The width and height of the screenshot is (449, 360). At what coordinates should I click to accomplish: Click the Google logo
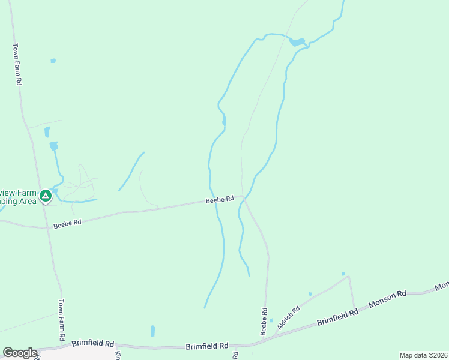(x=20, y=353)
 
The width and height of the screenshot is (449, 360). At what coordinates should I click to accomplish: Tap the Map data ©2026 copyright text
(x=423, y=355)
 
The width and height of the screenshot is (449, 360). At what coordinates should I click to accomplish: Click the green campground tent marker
(x=45, y=196)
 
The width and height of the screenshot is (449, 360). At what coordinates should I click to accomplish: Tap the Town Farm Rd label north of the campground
(x=18, y=64)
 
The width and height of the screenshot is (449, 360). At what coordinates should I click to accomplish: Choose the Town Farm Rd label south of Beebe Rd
(x=61, y=320)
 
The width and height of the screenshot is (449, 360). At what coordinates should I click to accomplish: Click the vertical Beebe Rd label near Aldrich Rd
(x=264, y=322)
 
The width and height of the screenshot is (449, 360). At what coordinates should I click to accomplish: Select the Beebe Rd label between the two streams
(x=219, y=200)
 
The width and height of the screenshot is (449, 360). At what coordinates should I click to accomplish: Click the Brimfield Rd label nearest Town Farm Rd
(x=92, y=344)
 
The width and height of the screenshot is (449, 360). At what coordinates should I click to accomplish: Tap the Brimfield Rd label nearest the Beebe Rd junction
(x=207, y=346)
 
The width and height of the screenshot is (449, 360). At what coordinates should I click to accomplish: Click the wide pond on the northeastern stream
(x=297, y=42)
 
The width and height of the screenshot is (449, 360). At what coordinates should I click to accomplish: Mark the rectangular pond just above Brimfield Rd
(x=152, y=331)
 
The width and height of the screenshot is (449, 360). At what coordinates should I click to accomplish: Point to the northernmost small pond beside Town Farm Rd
(x=53, y=61)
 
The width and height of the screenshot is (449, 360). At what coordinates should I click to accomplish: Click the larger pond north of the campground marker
(x=54, y=146)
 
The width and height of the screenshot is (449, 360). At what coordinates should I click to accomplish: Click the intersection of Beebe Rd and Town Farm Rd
(x=46, y=227)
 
